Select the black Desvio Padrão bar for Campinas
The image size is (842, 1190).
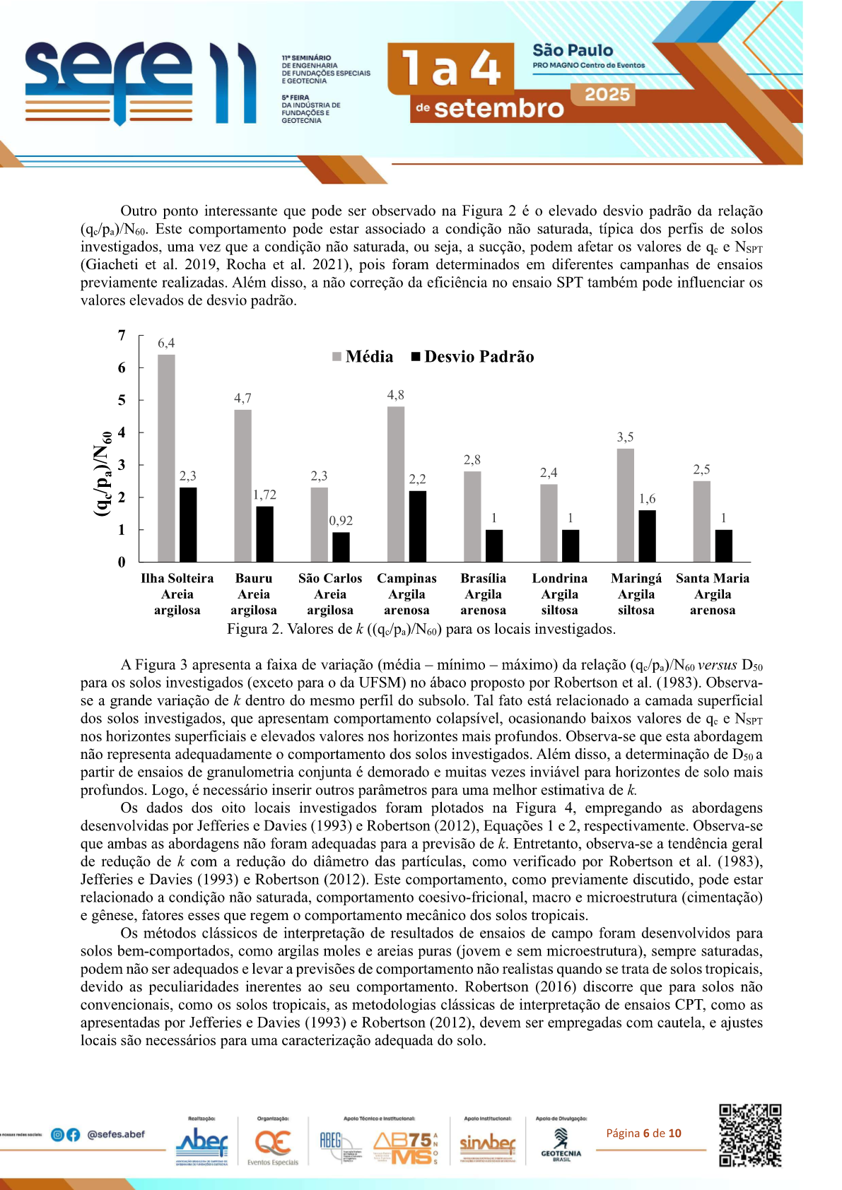pyautogui.click(x=418, y=526)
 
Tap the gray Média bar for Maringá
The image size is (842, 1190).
pyautogui.click(x=625, y=505)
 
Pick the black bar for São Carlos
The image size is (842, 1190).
pyautogui.click(x=341, y=546)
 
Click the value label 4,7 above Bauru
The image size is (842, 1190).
pyautogui.click(x=242, y=399)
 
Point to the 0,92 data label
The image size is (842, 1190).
pyautogui.click(x=341, y=521)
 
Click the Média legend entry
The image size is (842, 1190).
pyautogui.click(x=363, y=357)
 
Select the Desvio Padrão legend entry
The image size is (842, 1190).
pyautogui.click(x=473, y=357)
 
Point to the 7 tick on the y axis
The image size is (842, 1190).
pyautogui.click(x=122, y=336)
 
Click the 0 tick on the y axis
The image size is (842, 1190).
pyautogui.click(x=122, y=562)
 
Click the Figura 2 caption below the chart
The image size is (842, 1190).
pyautogui.click(x=421, y=629)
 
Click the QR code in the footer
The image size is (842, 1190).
pyautogui.click(x=750, y=1135)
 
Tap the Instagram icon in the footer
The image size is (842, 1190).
pyautogui.click(x=58, y=1135)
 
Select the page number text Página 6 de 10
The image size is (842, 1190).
pyautogui.click(x=643, y=1133)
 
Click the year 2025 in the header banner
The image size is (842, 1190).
pyautogui.click(x=607, y=95)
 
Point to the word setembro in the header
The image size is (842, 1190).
pyautogui.click(x=498, y=108)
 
